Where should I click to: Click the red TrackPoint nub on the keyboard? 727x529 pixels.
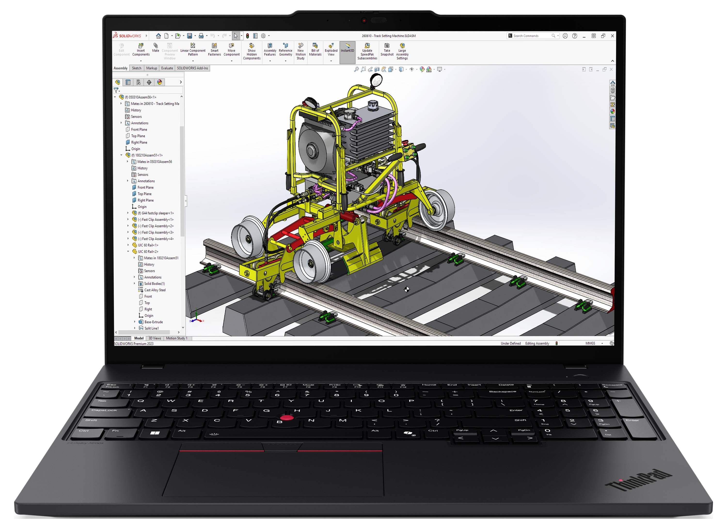(x=287, y=418)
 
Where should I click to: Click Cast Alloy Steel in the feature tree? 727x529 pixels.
(x=155, y=290)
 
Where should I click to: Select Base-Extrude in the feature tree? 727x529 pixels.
(x=154, y=322)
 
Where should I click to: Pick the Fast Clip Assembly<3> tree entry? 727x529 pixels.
(x=157, y=232)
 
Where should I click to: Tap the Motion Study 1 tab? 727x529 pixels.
(x=177, y=338)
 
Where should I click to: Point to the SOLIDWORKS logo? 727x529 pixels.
(x=127, y=36)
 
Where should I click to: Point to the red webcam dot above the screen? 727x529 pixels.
(x=364, y=21)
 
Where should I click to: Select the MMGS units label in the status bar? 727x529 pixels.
(x=590, y=343)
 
